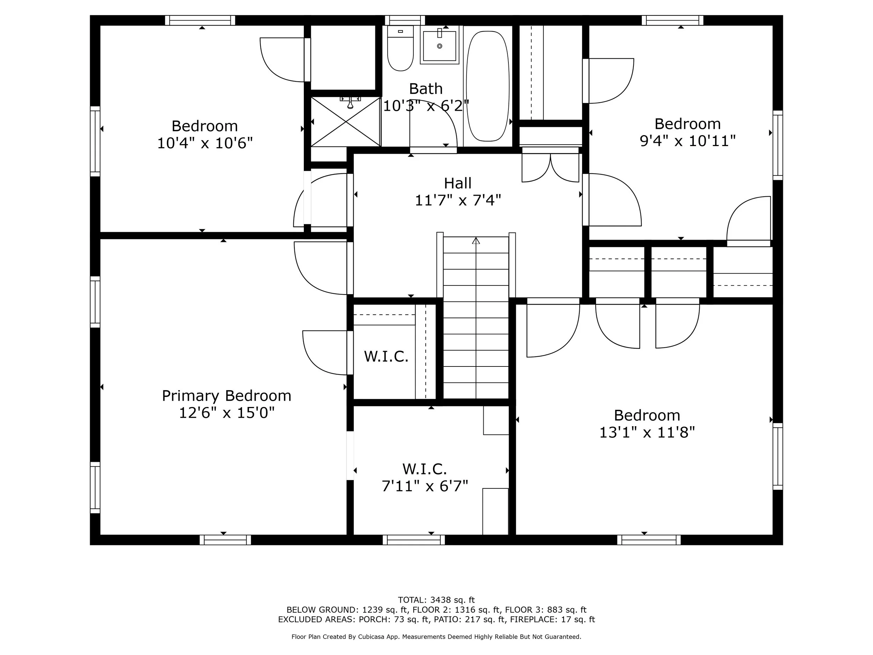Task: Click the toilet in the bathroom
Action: (400, 50)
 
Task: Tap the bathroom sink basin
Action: (439, 46)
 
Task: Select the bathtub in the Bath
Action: (487, 86)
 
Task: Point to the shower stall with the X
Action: (345, 122)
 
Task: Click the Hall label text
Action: (457, 183)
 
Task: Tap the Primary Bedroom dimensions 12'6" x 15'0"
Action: (227, 413)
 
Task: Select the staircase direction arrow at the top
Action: (476, 240)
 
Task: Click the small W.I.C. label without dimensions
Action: (386, 357)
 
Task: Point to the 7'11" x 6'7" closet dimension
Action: (425, 486)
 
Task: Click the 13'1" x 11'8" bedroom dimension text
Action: (647, 433)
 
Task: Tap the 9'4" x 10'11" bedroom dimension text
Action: (688, 141)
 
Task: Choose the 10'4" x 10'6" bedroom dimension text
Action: (205, 143)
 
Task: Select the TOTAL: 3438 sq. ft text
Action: (436, 600)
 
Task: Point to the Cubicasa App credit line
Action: (436, 636)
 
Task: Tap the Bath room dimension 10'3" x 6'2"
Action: (425, 106)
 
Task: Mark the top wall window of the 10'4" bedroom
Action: (200, 20)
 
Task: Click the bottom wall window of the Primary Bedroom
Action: (225, 540)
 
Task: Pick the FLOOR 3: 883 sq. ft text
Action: (545, 610)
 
